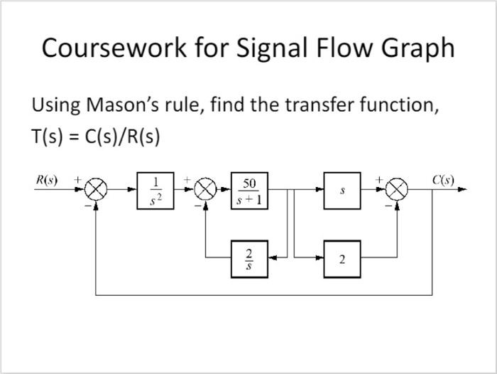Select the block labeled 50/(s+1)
249,191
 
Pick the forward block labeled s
342,191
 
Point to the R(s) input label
47,179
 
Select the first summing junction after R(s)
95,191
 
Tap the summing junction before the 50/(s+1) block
205,191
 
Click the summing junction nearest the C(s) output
398,191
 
